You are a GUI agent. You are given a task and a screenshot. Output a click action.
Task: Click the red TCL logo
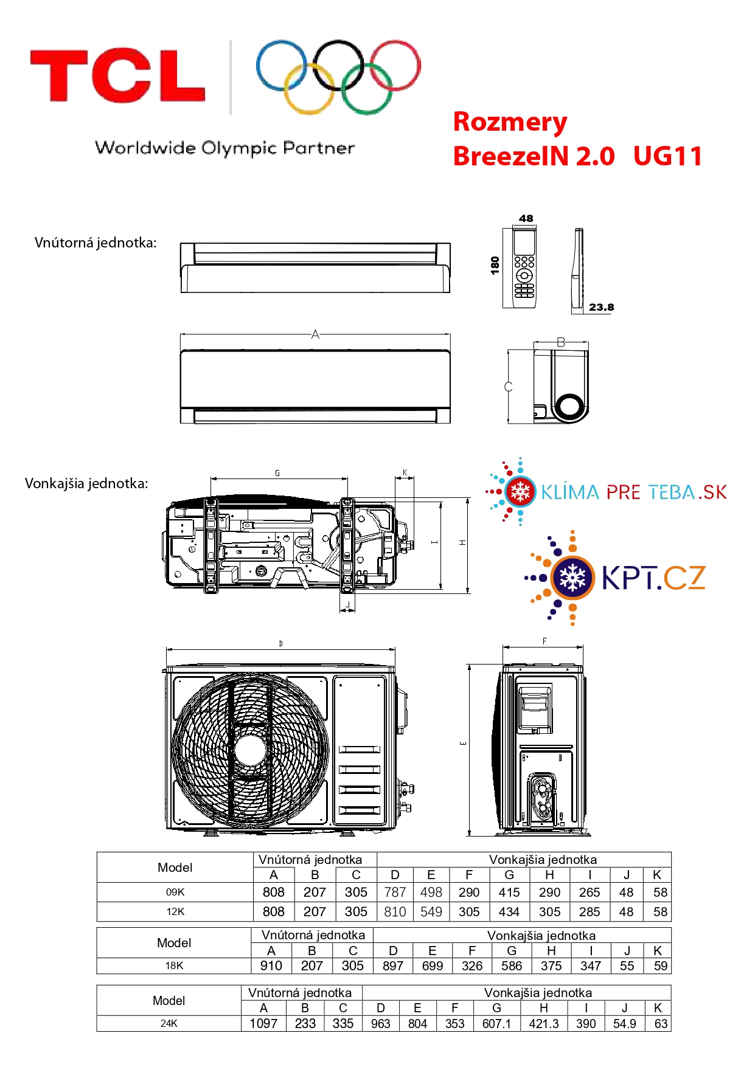pyautogui.click(x=117, y=75)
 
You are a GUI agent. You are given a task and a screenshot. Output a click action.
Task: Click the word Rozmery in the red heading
pyautogui.click(x=510, y=122)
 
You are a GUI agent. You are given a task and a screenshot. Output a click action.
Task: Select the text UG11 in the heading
pyautogui.click(x=667, y=156)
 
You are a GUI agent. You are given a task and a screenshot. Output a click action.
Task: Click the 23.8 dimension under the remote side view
pyautogui.click(x=601, y=308)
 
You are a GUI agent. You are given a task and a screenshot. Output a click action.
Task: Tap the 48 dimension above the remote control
pyautogui.click(x=526, y=218)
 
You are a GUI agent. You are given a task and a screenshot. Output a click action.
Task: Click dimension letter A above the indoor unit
pyautogui.click(x=315, y=334)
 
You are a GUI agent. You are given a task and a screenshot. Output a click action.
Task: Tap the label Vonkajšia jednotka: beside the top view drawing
pyautogui.click(x=86, y=484)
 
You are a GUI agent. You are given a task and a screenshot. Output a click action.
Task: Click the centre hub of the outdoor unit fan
pyautogui.click(x=249, y=750)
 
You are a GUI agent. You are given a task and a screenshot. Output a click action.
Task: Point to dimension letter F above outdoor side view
pyautogui.click(x=545, y=641)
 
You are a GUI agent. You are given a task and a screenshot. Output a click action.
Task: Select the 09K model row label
pyautogui.click(x=175, y=893)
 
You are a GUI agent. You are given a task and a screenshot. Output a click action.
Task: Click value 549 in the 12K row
pyautogui.click(x=431, y=912)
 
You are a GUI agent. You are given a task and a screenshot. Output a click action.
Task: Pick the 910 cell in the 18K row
pyautogui.click(x=271, y=966)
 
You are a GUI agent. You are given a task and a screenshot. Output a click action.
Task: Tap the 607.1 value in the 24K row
pyautogui.click(x=496, y=1024)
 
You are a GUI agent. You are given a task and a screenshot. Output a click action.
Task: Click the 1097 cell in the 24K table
pyautogui.click(x=263, y=1024)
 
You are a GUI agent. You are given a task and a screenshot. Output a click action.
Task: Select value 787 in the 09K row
pyautogui.click(x=395, y=893)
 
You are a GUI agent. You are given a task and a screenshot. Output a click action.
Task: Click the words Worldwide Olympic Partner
pyautogui.click(x=224, y=148)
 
